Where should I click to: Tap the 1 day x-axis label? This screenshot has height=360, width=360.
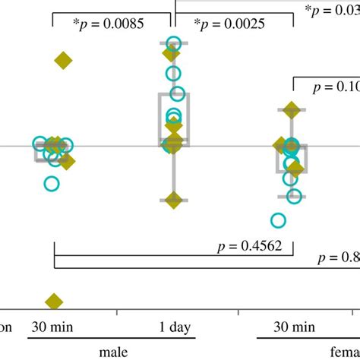[x=174, y=328]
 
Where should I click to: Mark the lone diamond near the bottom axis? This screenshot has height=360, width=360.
[x=54, y=302]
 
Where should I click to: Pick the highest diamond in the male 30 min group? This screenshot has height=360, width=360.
[x=64, y=61]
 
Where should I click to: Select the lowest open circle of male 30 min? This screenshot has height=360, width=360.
[x=51, y=183]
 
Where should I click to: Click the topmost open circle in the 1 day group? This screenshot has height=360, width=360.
[x=174, y=43]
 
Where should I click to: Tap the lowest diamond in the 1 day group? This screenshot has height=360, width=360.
[x=173, y=201]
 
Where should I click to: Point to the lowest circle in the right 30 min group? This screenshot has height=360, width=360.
[x=278, y=220]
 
